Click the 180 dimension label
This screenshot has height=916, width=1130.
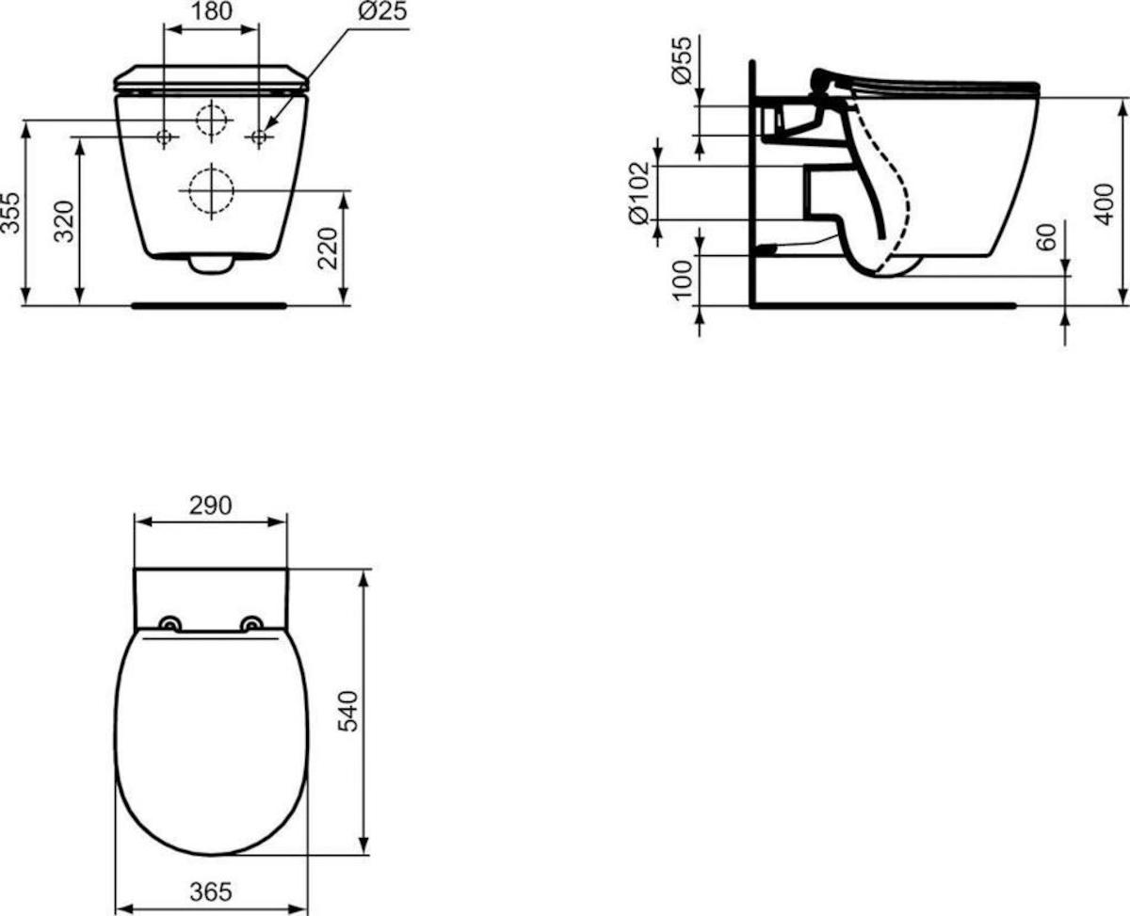point(211,11)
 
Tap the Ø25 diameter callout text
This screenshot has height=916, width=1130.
point(382,11)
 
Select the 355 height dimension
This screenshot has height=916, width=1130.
point(10,213)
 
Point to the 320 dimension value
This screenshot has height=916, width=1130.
point(64,221)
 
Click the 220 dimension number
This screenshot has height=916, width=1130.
point(328,249)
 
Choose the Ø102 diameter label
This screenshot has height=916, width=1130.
point(638,193)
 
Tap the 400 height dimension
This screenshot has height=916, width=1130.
point(1104,204)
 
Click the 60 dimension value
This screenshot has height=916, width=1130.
point(1046,237)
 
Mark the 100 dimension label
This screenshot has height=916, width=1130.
point(683,280)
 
